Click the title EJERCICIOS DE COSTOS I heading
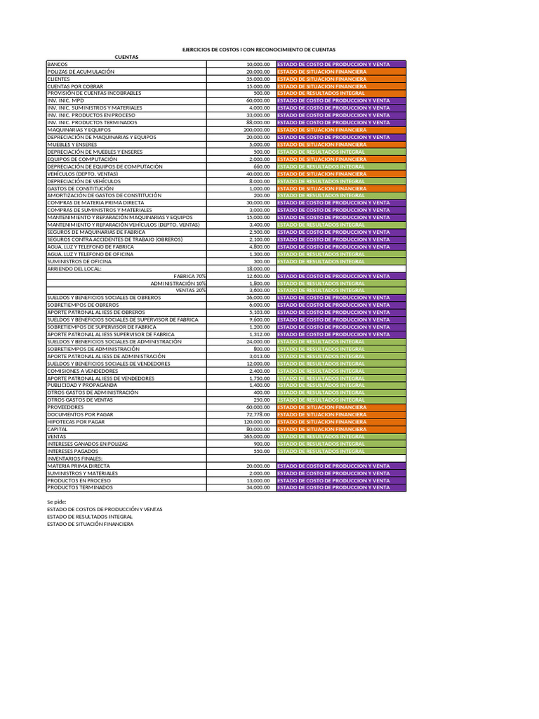tap(259, 50)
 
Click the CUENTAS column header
tap(127, 57)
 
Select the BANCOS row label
tap(58, 64)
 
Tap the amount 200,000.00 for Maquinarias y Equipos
tap(256, 130)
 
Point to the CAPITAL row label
tap(58, 429)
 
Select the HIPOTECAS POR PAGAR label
tap(76, 422)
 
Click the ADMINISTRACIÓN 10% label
tap(178, 283)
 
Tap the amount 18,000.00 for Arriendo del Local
tap(258, 269)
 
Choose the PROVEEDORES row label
tap(65, 407)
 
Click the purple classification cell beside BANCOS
tap(341, 64)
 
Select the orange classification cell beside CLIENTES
tap(341, 79)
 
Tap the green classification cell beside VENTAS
tap(341, 437)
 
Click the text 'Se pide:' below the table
tap(57, 502)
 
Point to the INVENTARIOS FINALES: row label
tap(75, 459)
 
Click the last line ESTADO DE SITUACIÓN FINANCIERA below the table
tap(90, 524)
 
